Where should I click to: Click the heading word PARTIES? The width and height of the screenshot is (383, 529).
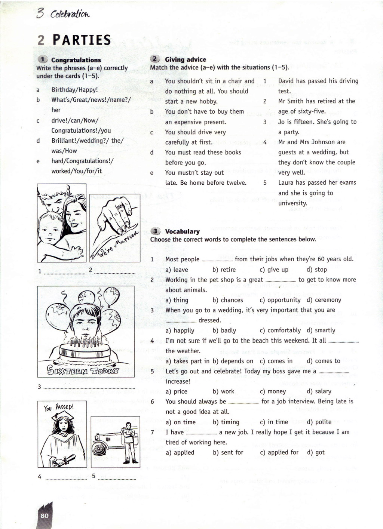coord(82,40)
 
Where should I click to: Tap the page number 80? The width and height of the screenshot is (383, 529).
coord(45,516)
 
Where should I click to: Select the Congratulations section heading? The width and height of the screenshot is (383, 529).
coord(76,60)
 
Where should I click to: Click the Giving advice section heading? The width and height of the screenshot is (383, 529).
coord(185,59)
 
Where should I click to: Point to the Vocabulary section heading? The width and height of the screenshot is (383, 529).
coord(182,231)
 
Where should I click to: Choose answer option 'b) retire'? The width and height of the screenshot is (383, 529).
coord(224,270)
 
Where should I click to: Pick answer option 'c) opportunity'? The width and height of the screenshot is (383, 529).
coord(280,300)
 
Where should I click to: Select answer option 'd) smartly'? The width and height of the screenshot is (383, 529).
coord(321,330)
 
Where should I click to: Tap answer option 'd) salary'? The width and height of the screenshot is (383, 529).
coord(319,391)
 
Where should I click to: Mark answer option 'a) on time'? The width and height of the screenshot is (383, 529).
coord(180,422)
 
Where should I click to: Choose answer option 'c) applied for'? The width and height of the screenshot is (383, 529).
coord(279,452)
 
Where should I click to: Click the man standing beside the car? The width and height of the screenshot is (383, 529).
coord(128,441)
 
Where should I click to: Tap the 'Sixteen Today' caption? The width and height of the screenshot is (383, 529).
coord(83,370)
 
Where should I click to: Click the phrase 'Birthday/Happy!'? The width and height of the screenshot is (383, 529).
coord(74,90)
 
